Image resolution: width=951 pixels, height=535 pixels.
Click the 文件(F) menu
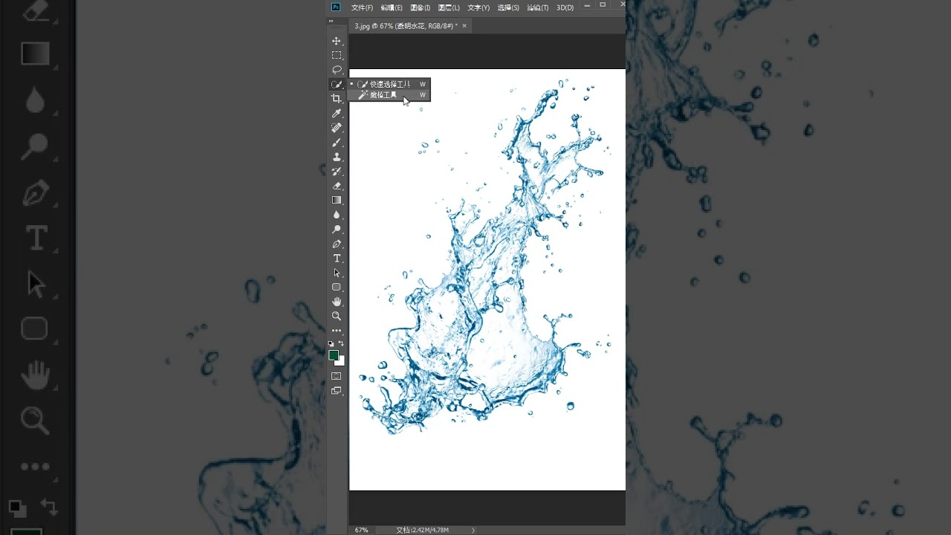[362, 7]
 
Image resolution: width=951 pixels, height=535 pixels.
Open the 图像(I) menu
[420, 7]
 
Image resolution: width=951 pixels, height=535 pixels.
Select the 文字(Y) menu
[478, 7]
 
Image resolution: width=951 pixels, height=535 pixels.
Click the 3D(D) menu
[565, 7]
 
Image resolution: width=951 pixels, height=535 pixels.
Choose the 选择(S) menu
[508, 7]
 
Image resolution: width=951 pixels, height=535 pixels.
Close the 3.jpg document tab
[464, 26]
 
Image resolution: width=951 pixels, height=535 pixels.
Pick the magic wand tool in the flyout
[383, 95]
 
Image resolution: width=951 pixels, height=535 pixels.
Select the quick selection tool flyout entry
[389, 84]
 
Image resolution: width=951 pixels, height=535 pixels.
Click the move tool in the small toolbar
[337, 41]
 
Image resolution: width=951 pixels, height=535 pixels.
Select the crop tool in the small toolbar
[337, 99]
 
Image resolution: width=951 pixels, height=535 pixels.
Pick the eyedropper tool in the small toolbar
[337, 113]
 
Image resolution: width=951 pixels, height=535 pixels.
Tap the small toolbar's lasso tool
[337, 70]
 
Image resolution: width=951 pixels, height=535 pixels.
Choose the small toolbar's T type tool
[337, 259]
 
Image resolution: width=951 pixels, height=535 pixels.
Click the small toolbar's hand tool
[337, 302]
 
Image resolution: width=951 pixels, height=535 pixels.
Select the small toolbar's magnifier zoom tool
[337, 316]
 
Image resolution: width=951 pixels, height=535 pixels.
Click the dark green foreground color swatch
[334, 355]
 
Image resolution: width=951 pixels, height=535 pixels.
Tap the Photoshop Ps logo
[336, 7]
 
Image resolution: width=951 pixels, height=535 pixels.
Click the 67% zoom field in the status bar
[362, 530]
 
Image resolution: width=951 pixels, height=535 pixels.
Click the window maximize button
[603, 4]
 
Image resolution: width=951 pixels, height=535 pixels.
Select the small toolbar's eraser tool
[337, 186]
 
